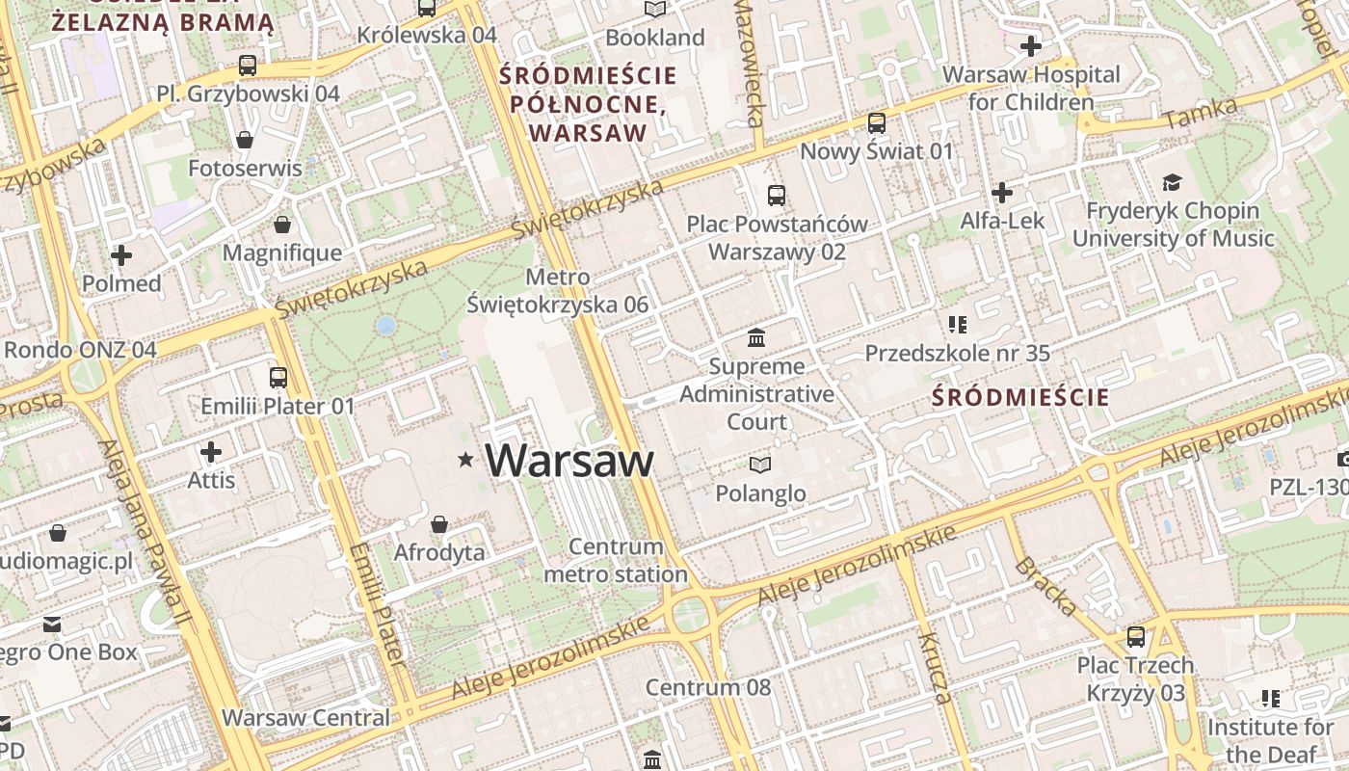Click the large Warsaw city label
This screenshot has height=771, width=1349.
pos(569,461)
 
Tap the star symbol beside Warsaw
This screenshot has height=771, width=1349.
pos(466,461)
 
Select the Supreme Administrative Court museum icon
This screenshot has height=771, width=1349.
pos(756,338)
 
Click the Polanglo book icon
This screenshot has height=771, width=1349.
pos(760,465)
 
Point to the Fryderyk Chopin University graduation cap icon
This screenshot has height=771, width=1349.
pos(1172,182)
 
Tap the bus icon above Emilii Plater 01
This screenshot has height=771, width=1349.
pos(278,377)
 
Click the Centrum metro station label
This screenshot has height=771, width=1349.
pos(616,561)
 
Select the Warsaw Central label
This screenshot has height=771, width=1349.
pos(305,718)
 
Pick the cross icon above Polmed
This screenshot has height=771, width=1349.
pos(121,255)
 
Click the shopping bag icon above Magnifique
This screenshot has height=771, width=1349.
pos(282,226)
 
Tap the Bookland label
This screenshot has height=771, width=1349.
pos(655,38)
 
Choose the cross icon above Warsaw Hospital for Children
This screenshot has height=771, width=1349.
pos(1031,45)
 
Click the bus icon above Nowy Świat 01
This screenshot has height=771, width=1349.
pos(876,123)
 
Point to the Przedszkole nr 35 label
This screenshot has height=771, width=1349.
pos(957,354)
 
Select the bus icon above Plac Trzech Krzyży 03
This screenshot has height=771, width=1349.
pos(1136,637)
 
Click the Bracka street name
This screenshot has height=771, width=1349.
pos(1045,585)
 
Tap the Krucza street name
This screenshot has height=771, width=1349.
pos(934,668)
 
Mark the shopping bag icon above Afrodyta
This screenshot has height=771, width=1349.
pos(439,524)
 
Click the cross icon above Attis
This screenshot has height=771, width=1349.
pos(211,451)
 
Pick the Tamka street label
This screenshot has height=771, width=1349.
pos(1200,115)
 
